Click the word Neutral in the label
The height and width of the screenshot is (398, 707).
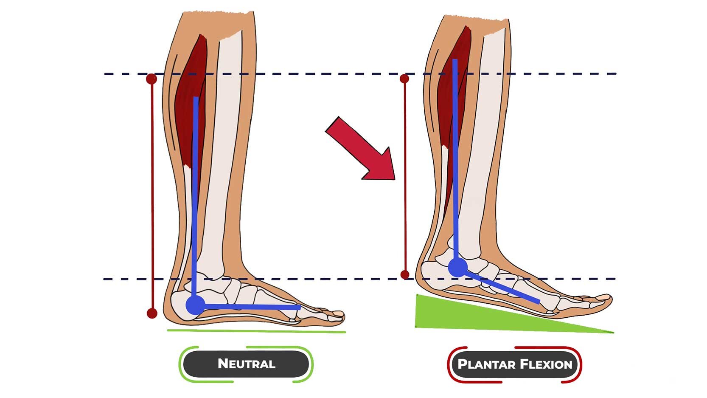(x=246, y=364)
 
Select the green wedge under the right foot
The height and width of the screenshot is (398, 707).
(x=467, y=316)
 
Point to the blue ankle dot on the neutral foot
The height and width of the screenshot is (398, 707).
(x=195, y=305)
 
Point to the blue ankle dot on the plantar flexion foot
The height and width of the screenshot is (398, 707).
(x=458, y=268)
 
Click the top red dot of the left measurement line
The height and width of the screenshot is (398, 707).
(x=151, y=79)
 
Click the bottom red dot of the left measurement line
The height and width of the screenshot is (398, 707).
(x=152, y=313)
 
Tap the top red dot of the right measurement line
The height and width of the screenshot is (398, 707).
(x=404, y=79)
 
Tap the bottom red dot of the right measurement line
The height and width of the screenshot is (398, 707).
(x=405, y=275)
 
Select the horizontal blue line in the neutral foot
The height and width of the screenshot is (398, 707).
(x=250, y=306)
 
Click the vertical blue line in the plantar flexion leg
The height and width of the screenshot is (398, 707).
(x=455, y=161)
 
